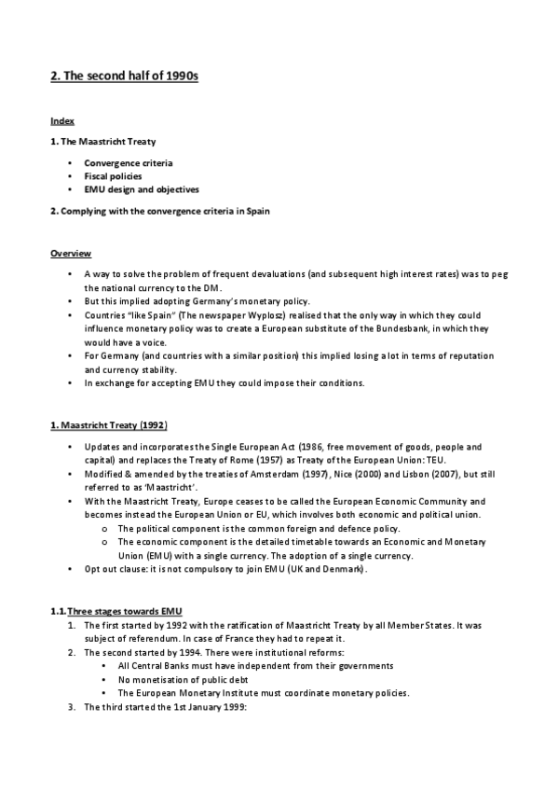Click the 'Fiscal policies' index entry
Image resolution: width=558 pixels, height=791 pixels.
point(113,175)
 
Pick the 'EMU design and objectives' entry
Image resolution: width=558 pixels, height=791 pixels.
point(141,189)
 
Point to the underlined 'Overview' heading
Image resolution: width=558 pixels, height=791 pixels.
point(70,254)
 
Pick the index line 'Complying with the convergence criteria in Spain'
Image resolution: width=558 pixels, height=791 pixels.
point(165,211)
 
